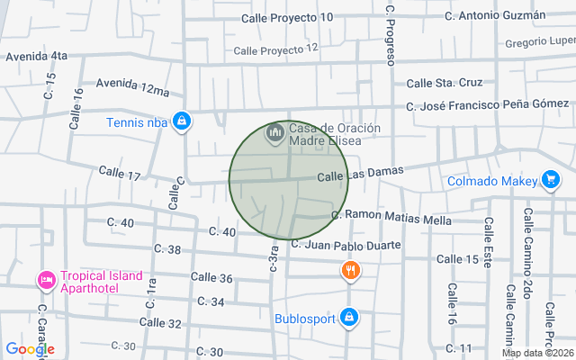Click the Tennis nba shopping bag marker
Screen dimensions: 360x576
pyautogui.click(x=182, y=120)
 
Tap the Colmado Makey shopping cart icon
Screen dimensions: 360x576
pyautogui.click(x=550, y=180)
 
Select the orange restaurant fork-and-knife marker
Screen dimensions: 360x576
pyautogui.click(x=350, y=270)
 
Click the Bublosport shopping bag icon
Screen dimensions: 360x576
pyautogui.click(x=350, y=317)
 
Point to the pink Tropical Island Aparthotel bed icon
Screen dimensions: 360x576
pyautogui.click(x=46, y=280)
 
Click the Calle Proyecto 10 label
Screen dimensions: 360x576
pyautogui.click(x=288, y=17)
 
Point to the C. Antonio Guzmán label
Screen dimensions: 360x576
pyautogui.click(x=496, y=15)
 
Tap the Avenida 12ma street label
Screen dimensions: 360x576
pyautogui.click(x=132, y=86)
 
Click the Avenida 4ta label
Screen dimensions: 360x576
pyautogui.click(x=37, y=56)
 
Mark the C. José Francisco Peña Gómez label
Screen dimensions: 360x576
pyautogui.click(x=487, y=104)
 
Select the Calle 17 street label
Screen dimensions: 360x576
pyautogui.click(x=120, y=172)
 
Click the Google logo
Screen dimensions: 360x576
pyautogui.click(x=30, y=348)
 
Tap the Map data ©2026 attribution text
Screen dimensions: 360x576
pyautogui.click(x=537, y=353)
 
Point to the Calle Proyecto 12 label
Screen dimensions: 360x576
pyautogui.click(x=275, y=49)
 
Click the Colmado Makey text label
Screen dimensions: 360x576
pyautogui.click(x=491, y=181)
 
